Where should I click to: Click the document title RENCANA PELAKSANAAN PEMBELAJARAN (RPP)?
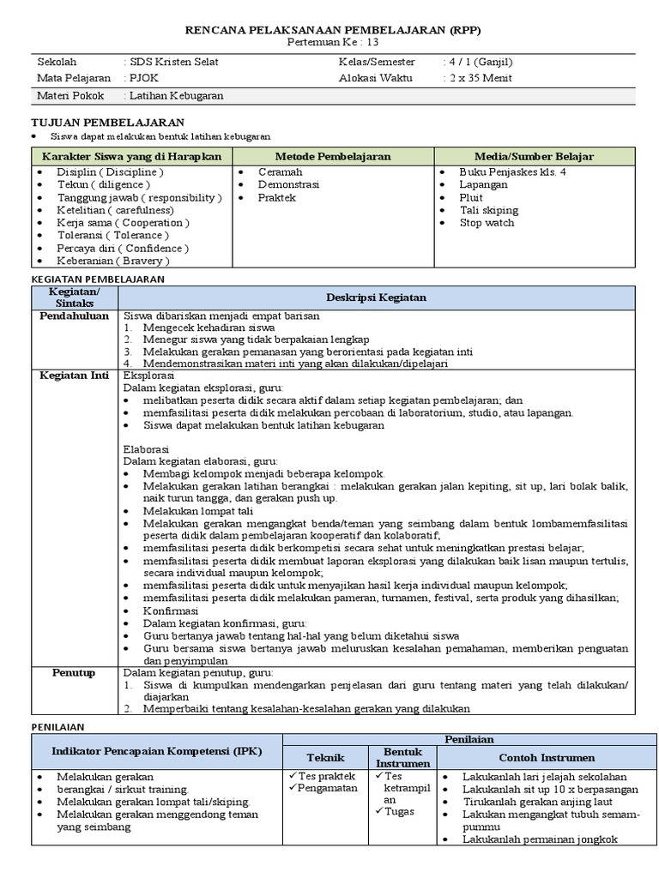coord(333,29)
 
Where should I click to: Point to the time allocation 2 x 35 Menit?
coord(479,77)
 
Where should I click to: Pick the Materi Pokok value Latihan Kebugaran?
coord(177,95)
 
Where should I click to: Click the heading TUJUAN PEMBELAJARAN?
coord(107,123)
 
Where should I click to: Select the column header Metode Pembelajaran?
coord(333,156)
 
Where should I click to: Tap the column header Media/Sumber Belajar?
coord(534,156)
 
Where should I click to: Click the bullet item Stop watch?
coord(487,223)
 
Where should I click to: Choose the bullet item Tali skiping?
coord(488,210)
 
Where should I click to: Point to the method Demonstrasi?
coord(288,184)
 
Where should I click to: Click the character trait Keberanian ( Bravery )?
coord(113,261)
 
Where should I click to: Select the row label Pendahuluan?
coord(75,316)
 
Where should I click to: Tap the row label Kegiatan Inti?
coord(76,376)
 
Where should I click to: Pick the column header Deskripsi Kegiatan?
coord(376,298)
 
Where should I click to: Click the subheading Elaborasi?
coord(147,449)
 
